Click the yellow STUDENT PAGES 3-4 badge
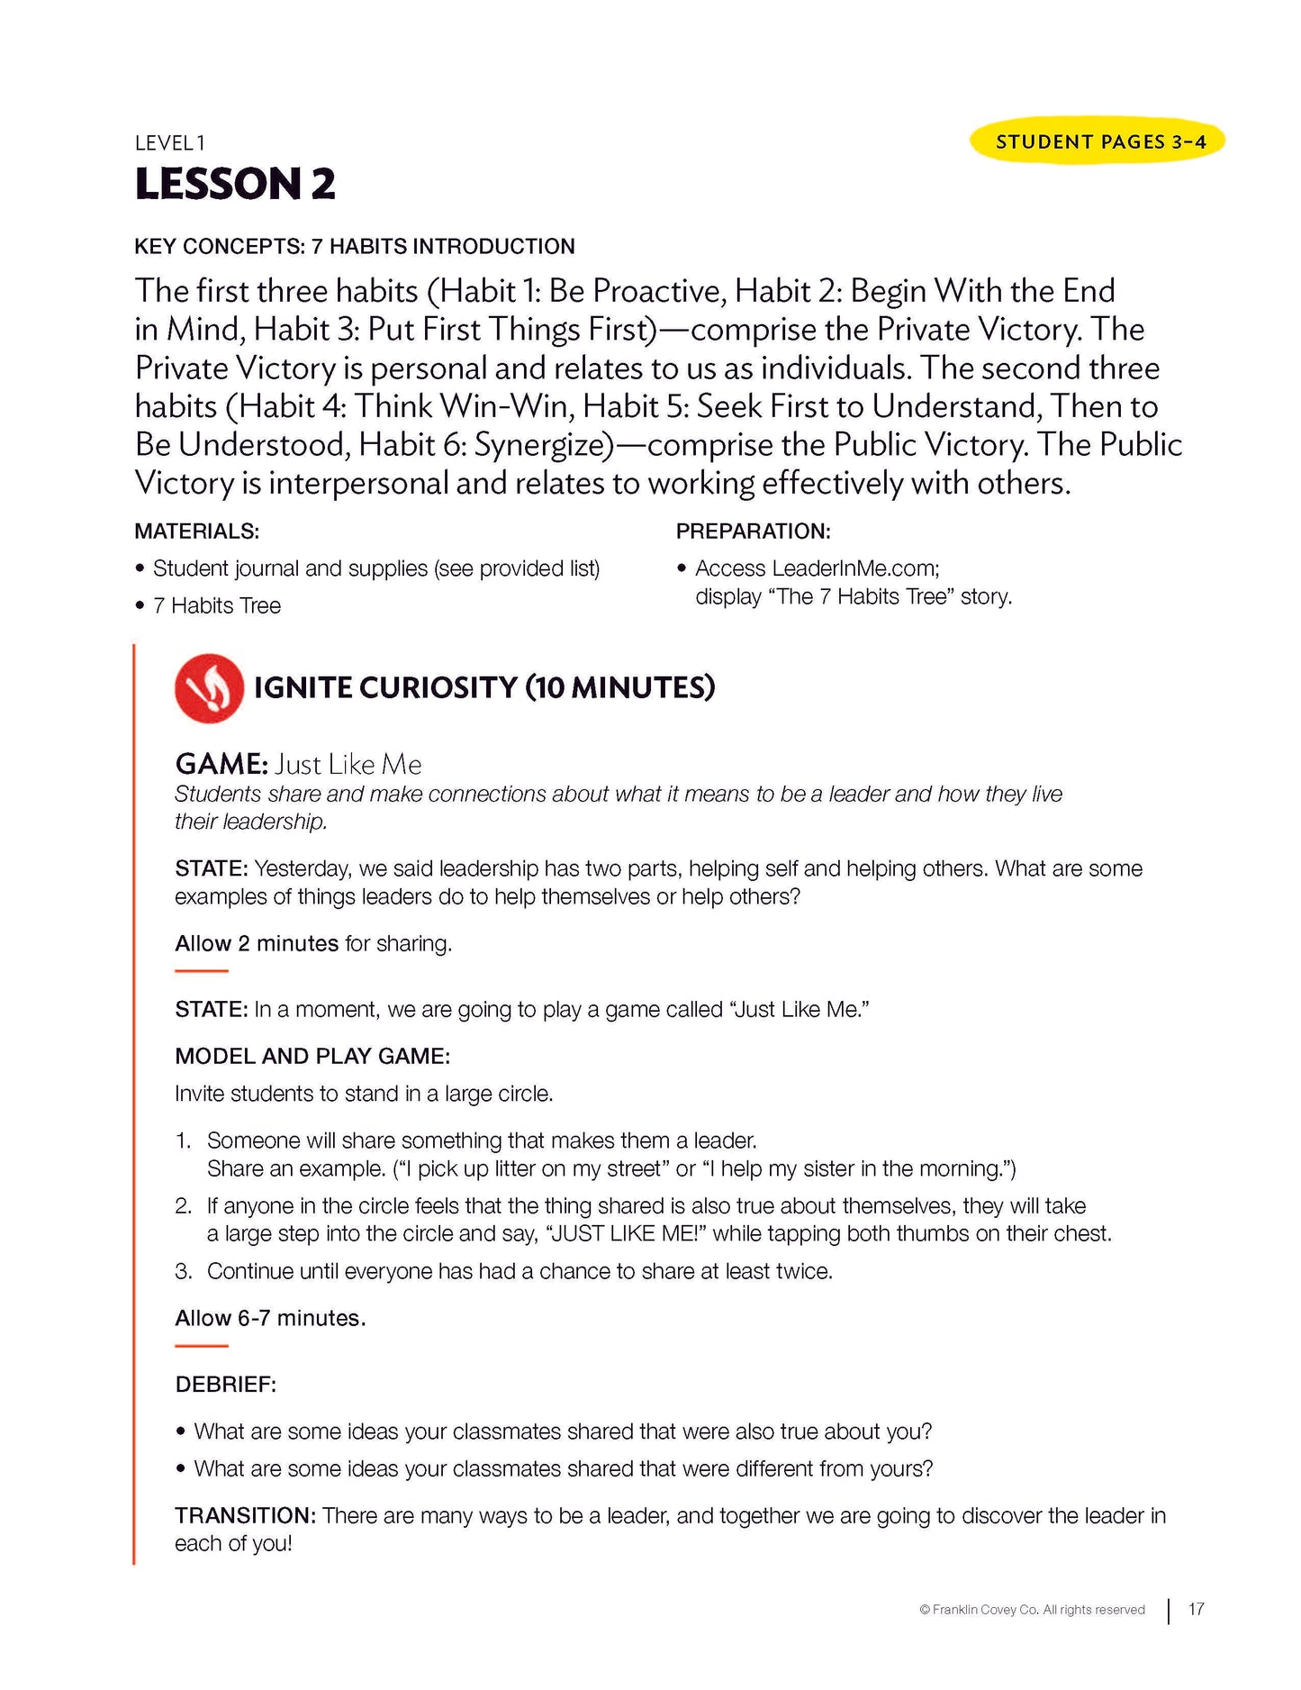pyautogui.click(x=1097, y=141)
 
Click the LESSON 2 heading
pyautogui.click(x=235, y=184)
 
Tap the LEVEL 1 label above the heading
pyautogui.click(x=170, y=142)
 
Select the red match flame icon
pyautogui.click(x=209, y=688)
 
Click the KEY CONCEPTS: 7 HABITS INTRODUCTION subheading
pyautogui.click(x=354, y=247)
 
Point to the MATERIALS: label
pyautogui.click(x=196, y=532)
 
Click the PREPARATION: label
pyautogui.click(x=753, y=532)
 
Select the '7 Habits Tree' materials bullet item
pyautogui.click(x=216, y=606)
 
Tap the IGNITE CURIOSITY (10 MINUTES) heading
pyautogui.click(x=483, y=688)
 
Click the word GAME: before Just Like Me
pyautogui.click(x=221, y=765)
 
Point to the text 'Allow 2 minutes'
pyautogui.click(x=256, y=943)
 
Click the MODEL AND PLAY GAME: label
pyautogui.click(x=312, y=1056)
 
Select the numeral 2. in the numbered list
pyautogui.click(x=184, y=1206)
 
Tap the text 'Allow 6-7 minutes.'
pyautogui.click(x=270, y=1318)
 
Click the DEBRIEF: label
pyautogui.click(x=225, y=1385)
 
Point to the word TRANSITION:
pyautogui.click(x=245, y=1515)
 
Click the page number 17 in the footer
pyautogui.click(x=1196, y=1609)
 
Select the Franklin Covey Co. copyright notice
pyautogui.click(x=1032, y=1610)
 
